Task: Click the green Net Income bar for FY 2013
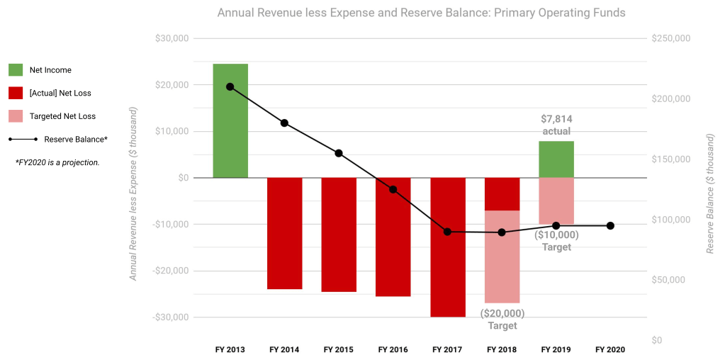[230, 120]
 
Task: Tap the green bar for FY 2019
[556, 159]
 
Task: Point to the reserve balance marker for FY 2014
[284, 123]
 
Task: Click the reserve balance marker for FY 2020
[610, 226]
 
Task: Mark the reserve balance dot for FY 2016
[393, 189]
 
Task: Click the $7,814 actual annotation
[556, 125]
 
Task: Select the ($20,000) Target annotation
[502, 320]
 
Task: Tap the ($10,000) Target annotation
[556, 241]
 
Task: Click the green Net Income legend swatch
[16, 70]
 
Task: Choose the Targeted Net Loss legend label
[62, 116]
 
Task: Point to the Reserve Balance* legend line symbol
[26, 140]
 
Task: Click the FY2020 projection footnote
[57, 162]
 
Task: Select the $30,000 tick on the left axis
[172, 38]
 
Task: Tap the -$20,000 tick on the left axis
[170, 271]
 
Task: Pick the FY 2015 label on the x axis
[339, 349]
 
